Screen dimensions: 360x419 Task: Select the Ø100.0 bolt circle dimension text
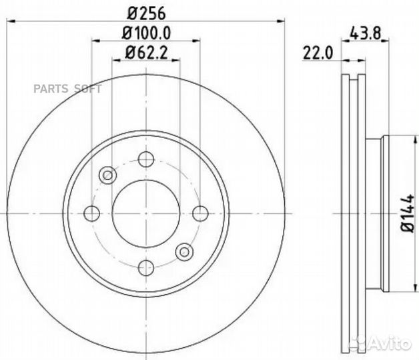[145, 32]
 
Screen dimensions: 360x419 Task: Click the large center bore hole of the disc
[146, 213]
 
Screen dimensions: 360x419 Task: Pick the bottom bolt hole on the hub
[146, 267]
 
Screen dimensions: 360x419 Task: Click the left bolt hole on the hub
[92, 213]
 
